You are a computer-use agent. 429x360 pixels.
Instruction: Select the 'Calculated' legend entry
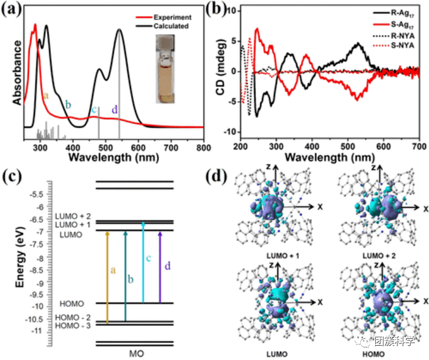(x=174, y=26)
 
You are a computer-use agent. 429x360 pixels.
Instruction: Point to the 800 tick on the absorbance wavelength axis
(x=204, y=148)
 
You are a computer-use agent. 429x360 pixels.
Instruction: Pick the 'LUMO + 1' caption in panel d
(x=275, y=253)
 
